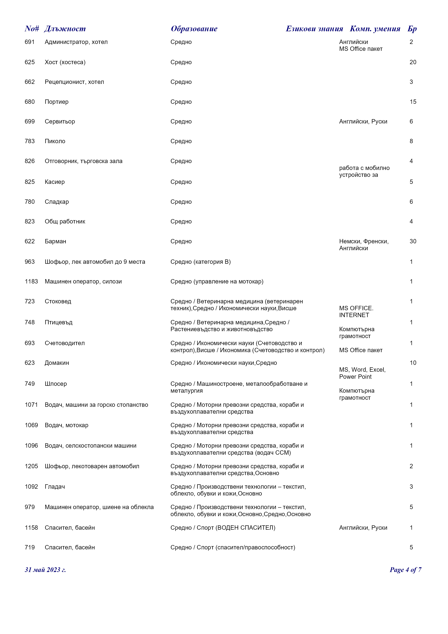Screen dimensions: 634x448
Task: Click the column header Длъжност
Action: (x=65, y=29)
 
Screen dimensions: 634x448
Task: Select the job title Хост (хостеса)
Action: (x=65, y=62)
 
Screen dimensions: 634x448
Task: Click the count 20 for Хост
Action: (x=413, y=62)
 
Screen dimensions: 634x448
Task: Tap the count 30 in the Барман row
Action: (x=413, y=241)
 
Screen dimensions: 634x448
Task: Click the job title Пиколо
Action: (x=55, y=141)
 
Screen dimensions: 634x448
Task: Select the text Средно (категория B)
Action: (x=200, y=262)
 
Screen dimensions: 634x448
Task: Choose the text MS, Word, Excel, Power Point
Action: (x=362, y=373)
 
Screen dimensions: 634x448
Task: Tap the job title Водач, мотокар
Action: (x=66, y=425)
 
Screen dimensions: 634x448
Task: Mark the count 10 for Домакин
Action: (x=413, y=363)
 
